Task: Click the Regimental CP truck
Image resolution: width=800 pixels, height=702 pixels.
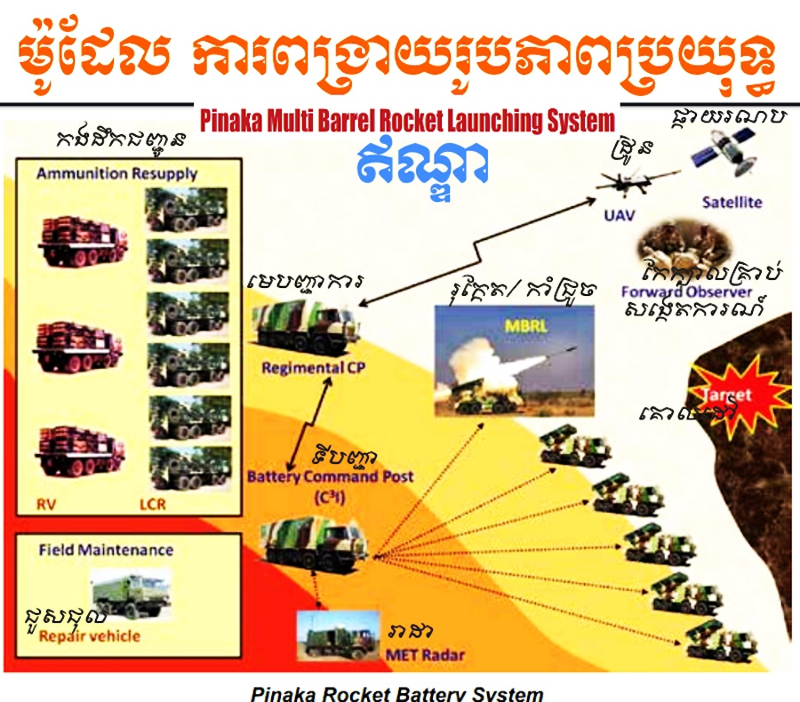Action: (x=308, y=324)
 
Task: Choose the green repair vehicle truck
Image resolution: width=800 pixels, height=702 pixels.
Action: (x=132, y=594)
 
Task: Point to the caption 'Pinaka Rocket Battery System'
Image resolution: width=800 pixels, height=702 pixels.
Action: (x=396, y=693)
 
